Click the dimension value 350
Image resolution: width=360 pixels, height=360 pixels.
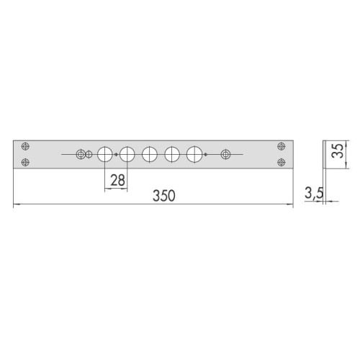pyautogui.click(x=164, y=196)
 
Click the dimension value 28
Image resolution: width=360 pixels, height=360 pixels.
pyautogui.click(x=117, y=180)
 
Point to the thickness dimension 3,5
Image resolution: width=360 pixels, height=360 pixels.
pyautogui.click(x=314, y=193)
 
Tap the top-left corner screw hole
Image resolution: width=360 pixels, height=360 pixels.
pyautogui.click(x=25, y=146)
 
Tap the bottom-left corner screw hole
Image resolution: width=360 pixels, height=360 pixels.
pyautogui.click(x=25, y=163)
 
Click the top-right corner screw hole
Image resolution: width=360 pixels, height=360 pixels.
pyautogui.click(x=282, y=146)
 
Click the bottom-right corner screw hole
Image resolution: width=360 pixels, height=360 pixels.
pyautogui.click(x=282, y=163)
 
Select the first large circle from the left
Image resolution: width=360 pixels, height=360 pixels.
pyautogui.click(x=105, y=154)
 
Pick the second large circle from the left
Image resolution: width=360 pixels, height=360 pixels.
pyautogui.click(x=127, y=154)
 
